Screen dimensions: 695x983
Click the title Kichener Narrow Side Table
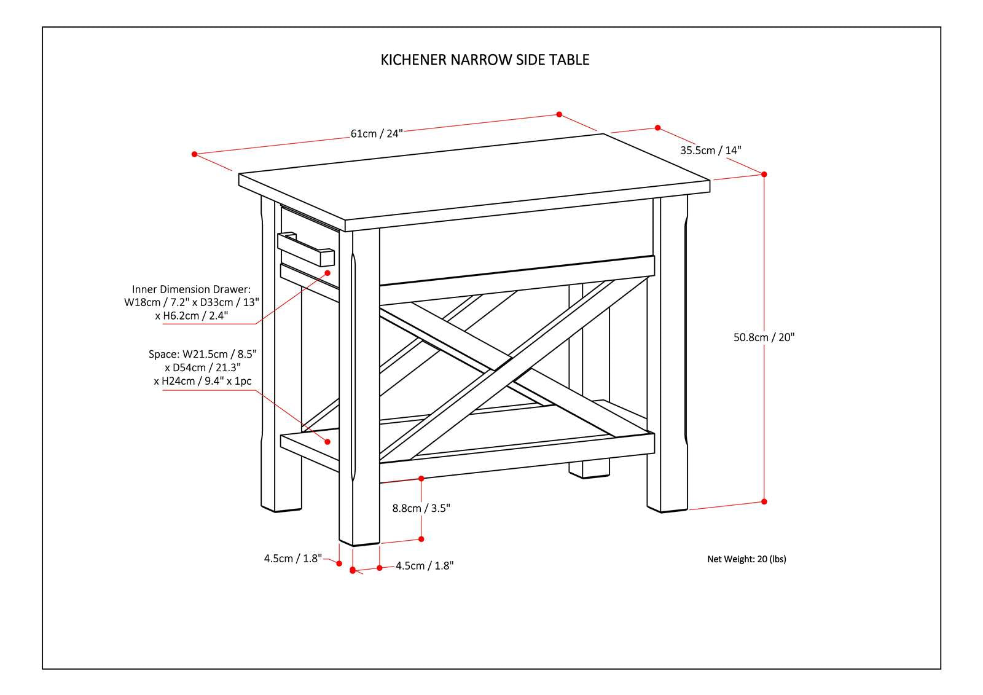(x=485, y=60)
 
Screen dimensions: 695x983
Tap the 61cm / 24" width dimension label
(x=376, y=133)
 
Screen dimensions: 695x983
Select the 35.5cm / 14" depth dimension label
(x=710, y=150)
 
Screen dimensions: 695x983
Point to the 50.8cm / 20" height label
(x=764, y=337)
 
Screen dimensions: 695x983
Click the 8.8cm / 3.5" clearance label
(x=421, y=508)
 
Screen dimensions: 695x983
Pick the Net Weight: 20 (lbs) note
(x=746, y=559)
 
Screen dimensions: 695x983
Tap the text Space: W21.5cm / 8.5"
(x=202, y=354)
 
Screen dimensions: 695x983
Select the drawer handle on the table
(x=305, y=249)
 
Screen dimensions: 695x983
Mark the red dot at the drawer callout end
(x=327, y=272)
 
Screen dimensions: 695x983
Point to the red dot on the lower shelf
(x=327, y=441)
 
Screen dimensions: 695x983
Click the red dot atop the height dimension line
(x=764, y=174)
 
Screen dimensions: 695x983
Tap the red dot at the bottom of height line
(x=764, y=501)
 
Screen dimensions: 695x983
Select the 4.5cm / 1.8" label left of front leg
(x=293, y=559)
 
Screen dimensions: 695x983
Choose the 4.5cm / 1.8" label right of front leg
(x=425, y=566)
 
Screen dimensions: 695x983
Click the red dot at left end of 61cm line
(x=195, y=154)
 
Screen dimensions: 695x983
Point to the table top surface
(x=473, y=178)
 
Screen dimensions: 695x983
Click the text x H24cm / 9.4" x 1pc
(x=203, y=381)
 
